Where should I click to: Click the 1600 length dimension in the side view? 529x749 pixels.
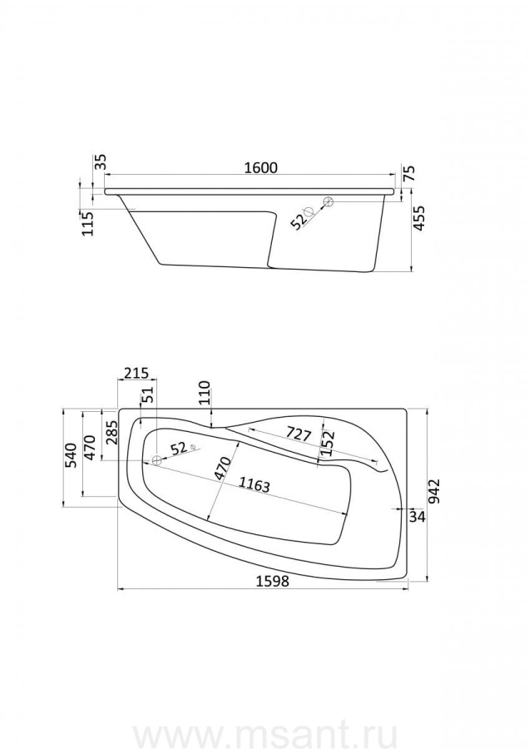(x=260, y=167)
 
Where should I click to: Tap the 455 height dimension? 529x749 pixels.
(x=418, y=218)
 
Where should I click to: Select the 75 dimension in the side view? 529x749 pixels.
(x=409, y=172)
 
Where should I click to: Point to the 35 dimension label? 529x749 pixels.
(x=101, y=163)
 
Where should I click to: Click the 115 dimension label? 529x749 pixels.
(x=88, y=224)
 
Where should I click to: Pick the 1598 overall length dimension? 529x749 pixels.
(x=273, y=581)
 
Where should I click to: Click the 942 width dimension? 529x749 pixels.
(x=434, y=492)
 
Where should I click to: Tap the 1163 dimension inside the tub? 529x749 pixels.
(x=255, y=485)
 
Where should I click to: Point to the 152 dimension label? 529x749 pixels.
(x=328, y=443)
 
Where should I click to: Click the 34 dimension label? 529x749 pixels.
(x=418, y=516)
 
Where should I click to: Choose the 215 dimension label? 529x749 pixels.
(x=136, y=373)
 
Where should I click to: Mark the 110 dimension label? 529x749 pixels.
(x=204, y=392)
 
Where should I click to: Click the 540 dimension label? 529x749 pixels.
(x=70, y=455)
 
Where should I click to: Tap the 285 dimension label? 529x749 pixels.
(x=111, y=433)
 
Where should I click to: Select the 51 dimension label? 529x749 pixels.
(x=148, y=394)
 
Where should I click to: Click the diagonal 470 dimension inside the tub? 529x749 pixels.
(x=223, y=469)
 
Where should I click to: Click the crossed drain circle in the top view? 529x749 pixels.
(x=156, y=461)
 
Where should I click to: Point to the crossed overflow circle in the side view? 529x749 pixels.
(x=328, y=202)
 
